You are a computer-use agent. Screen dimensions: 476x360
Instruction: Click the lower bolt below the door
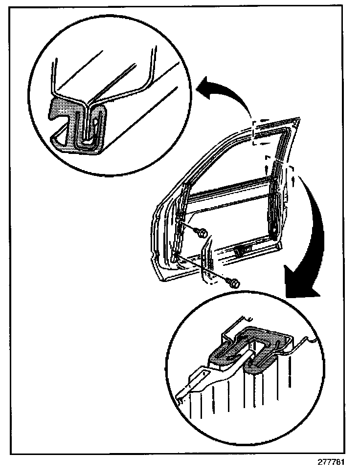point(233,282)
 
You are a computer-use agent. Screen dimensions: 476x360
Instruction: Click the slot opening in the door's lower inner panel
point(242,250)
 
